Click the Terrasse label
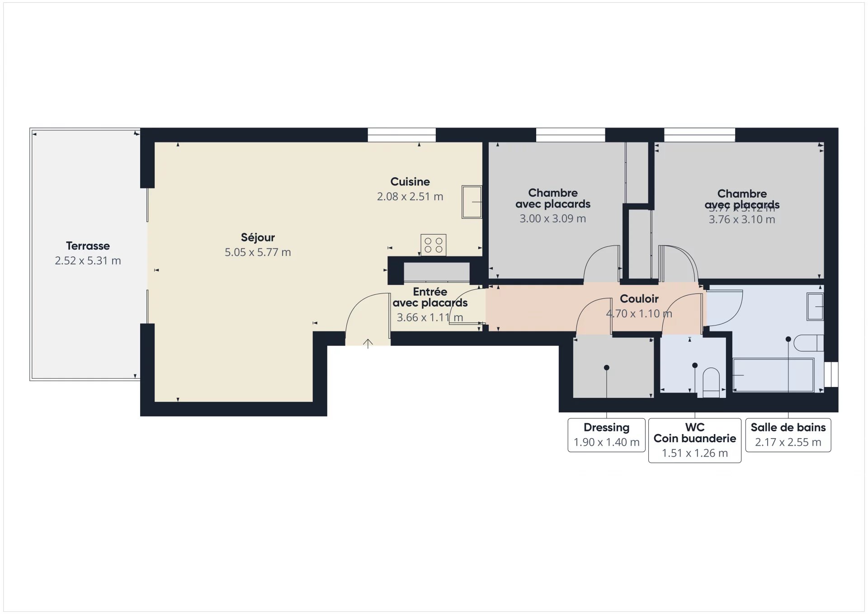tap(88, 246)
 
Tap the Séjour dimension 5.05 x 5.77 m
tap(258, 252)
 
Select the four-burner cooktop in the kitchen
tap(433, 245)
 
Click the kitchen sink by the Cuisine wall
tap(472, 202)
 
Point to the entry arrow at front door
tap(368, 344)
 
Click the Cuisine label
tap(410, 182)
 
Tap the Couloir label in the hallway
tap(639, 299)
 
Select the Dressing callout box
tap(606, 435)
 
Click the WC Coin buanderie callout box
tap(694, 440)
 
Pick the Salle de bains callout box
tap(788, 435)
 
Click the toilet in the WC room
tap(711, 383)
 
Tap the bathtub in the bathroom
tap(773, 375)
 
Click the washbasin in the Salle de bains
tap(815, 307)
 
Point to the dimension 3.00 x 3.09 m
tap(552, 219)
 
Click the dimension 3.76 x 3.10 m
tap(741, 220)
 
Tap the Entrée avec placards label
tap(430, 298)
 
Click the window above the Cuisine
tap(401, 135)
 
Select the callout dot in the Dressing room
tap(607, 368)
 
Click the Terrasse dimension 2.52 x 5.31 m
tap(88, 261)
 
